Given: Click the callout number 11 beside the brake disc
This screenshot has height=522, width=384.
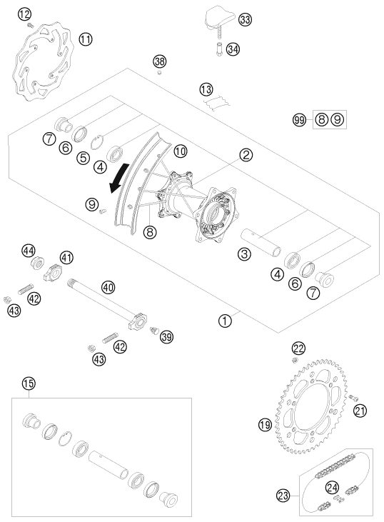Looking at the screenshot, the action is (86, 39).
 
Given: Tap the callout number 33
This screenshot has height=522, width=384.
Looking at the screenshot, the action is (245, 20).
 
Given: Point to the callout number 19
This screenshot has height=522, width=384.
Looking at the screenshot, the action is (265, 425).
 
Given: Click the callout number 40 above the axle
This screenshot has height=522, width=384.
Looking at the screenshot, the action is (108, 287).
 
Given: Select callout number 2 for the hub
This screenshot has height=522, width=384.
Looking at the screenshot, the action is (246, 155).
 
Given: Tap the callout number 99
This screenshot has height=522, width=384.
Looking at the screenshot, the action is (299, 119).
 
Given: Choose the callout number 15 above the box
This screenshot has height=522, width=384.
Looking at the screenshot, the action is (29, 383).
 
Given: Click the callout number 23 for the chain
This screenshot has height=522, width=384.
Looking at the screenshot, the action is (283, 496).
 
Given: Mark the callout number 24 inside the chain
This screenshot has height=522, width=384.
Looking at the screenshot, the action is (332, 488).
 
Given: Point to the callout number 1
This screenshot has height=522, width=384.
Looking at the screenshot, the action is (225, 321).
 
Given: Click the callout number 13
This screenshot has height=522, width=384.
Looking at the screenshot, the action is (206, 89).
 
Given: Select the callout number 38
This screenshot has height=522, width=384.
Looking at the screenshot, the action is (159, 61).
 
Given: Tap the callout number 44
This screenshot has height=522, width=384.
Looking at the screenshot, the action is (29, 251).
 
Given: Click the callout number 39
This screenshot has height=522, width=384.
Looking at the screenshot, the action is (166, 337).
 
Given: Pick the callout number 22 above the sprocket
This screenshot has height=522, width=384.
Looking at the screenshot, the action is (298, 348).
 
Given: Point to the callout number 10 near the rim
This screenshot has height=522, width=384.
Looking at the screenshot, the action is (181, 151).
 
